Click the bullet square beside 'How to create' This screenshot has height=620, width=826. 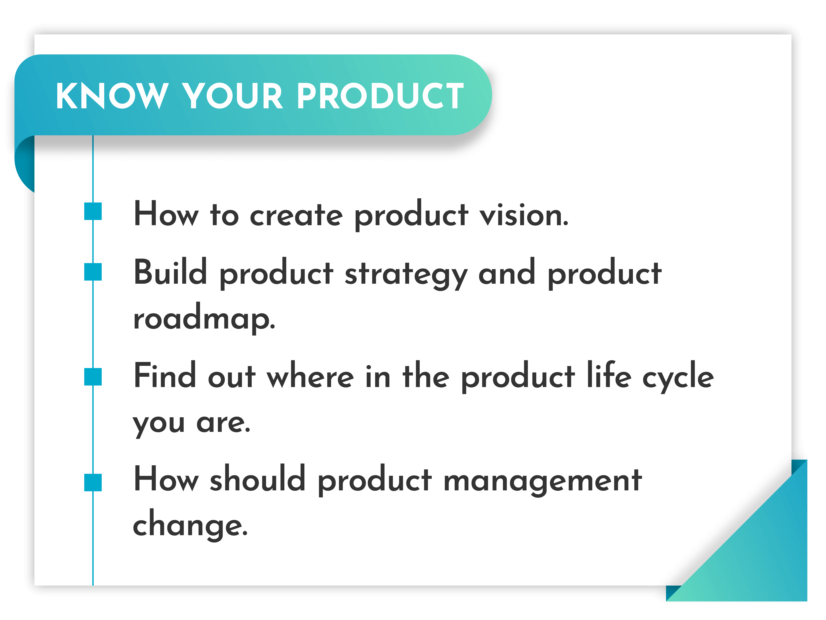click(x=93, y=211)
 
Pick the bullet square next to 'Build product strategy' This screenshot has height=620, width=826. click(x=93, y=272)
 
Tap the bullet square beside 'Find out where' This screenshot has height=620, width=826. click(x=93, y=376)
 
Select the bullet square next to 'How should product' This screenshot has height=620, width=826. click(x=93, y=482)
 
